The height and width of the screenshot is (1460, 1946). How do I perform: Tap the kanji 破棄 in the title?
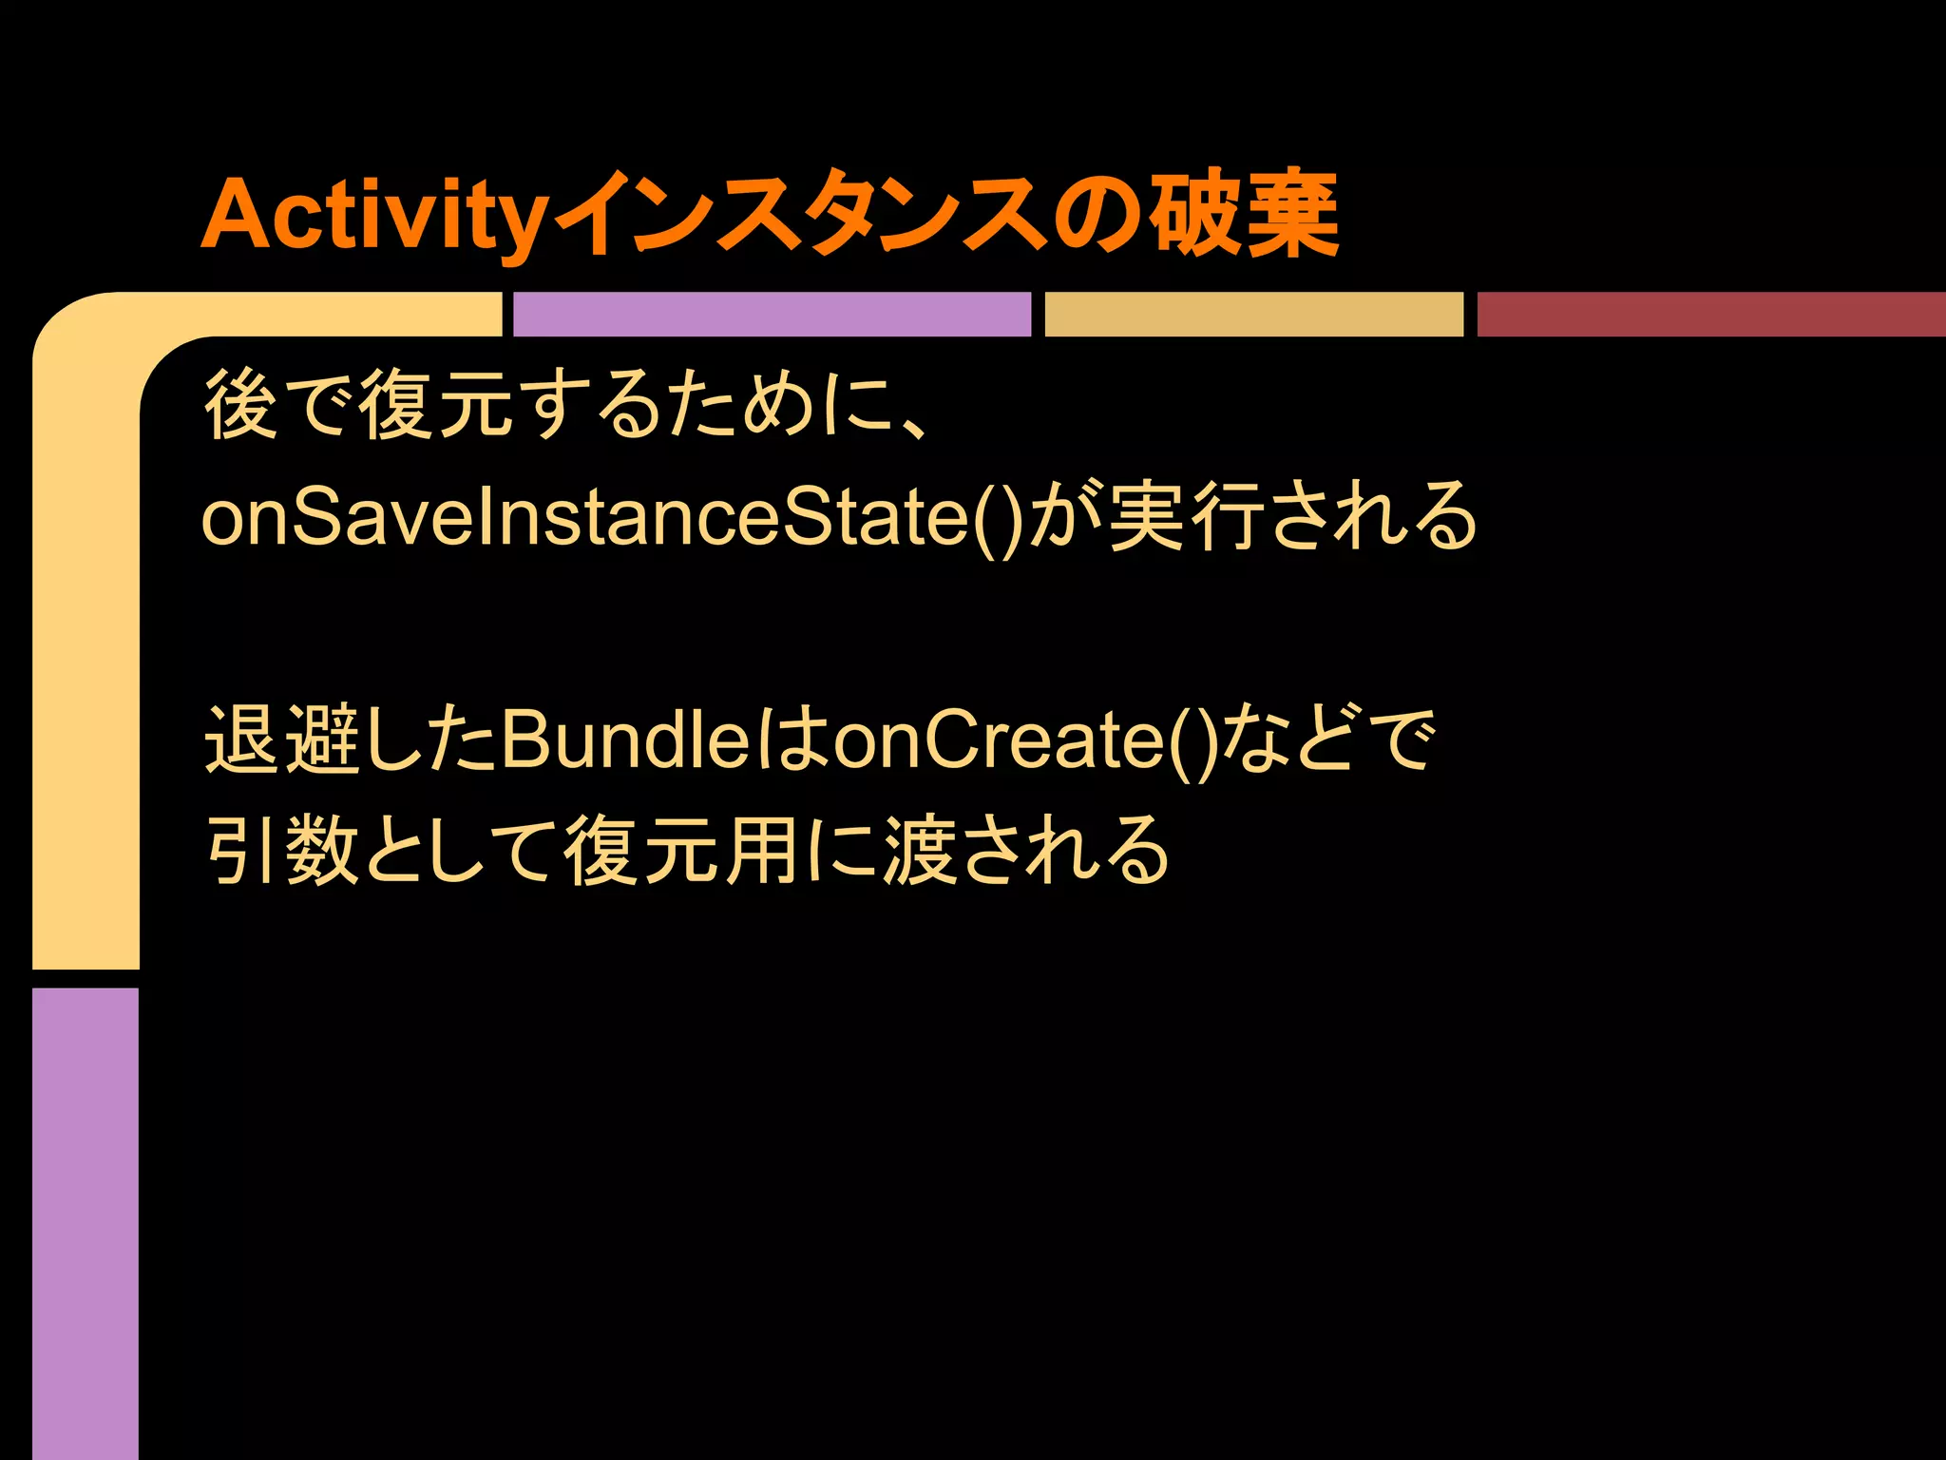pyautogui.click(x=1245, y=215)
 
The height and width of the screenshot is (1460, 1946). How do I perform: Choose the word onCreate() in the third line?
pyautogui.click(x=1026, y=740)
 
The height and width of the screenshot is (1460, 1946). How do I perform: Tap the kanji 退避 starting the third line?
pyautogui.click(x=281, y=740)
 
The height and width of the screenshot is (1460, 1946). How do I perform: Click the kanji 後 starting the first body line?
pyautogui.click(x=241, y=406)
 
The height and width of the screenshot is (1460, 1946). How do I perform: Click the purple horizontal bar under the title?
pyautogui.click(x=772, y=315)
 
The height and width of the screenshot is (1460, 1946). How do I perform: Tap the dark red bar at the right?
pyautogui.click(x=1710, y=315)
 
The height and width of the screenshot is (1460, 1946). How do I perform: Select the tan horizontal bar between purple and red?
pyautogui.click(x=1253, y=315)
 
